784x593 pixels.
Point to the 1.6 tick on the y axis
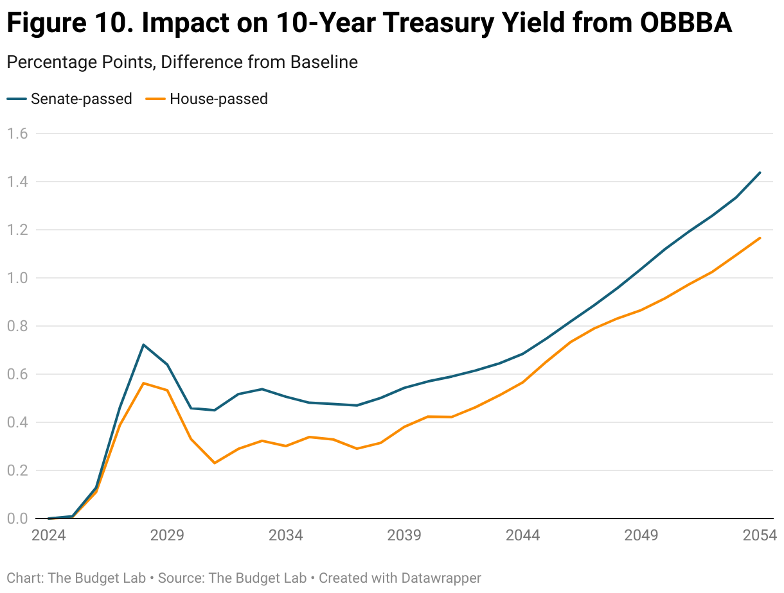pyautogui.click(x=17, y=134)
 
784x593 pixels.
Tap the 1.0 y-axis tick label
pyautogui.click(x=17, y=278)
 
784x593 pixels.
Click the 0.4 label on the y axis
pyautogui.click(x=17, y=422)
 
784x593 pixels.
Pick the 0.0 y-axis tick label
pyautogui.click(x=17, y=519)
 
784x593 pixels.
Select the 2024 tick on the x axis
pyautogui.click(x=49, y=535)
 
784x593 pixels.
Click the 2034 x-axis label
pyautogui.click(x=286, y=535)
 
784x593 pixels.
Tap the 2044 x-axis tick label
pyautogui.click(x=523, y=535)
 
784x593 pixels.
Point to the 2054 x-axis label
pyautogui.click(x=760, y=535)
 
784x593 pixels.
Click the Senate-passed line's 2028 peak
pyautogui.click(x=143, y=345)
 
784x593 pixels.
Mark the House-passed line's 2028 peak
pyautogui.click(x=143, y=383)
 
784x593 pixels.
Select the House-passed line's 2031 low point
pyautogui.click(x=215, y=463)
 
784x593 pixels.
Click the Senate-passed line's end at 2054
pyautogui.click(x=760, y=173)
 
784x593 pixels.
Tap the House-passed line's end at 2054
pyautogui.click(x=760, y=238)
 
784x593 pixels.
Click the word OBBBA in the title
pyautogui.click(x=686, y=24)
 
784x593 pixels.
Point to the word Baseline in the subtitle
pyautogui.click(x=324, y=62)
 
